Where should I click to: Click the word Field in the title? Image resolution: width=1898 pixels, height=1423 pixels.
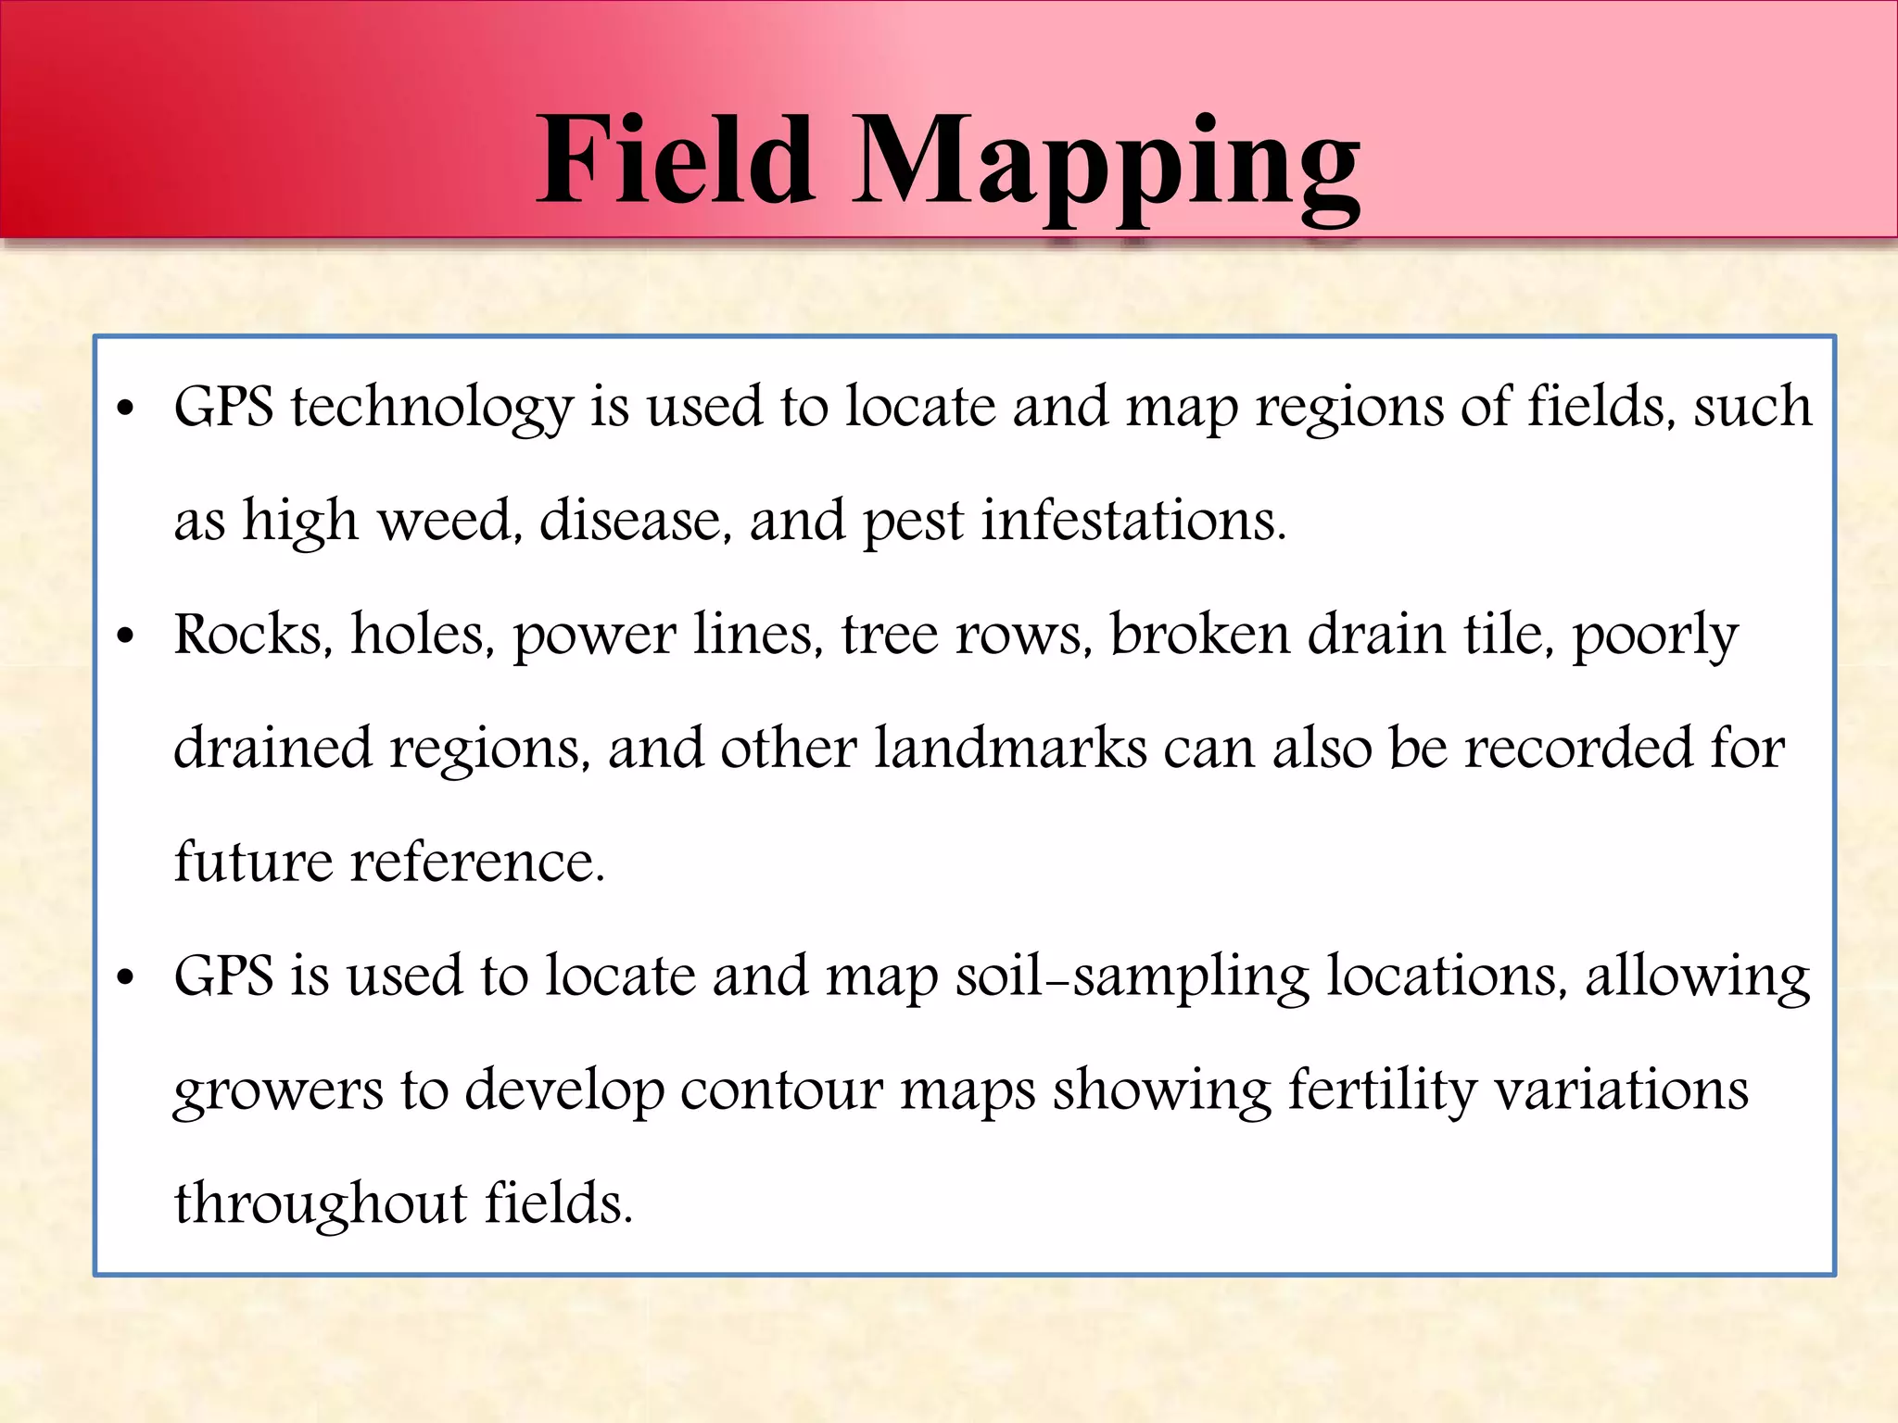676,160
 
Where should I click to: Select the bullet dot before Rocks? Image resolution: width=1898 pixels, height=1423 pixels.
126,637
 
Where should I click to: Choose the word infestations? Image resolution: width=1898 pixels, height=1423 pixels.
1133,521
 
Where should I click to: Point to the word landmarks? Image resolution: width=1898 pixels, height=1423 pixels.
1010,749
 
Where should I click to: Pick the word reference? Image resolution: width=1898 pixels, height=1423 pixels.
477,863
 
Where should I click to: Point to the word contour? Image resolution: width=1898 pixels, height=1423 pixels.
781,1091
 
